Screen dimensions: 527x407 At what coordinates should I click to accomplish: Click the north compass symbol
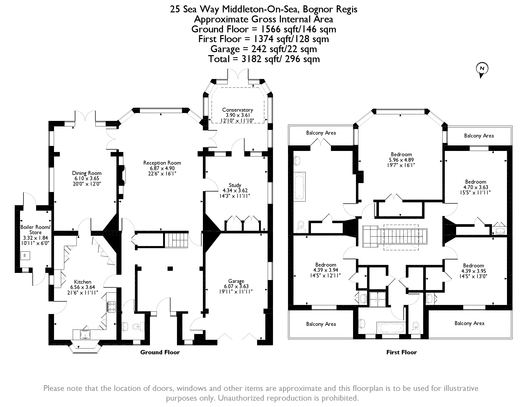pyautogui.click(x=482, y=70)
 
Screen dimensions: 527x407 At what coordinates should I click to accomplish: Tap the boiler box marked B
pyautogui.click(x=25, y=256)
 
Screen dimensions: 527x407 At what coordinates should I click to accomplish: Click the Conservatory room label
pyautogui.click(x=237, y=110)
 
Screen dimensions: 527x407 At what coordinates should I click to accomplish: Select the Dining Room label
pyautogui.click(x=87, y=173)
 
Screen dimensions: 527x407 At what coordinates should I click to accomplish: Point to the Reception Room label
pyautogui.click(x=162, y=163)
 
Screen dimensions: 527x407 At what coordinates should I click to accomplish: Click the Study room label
pyautogui.click(x=235, y=185)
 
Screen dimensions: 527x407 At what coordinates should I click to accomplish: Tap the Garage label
pyautogui.click(x=236, y=281)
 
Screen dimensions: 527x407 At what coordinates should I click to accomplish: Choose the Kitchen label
pyautogui.click(x=82, y=282)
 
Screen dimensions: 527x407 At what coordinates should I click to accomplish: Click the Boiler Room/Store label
pyautogui.click(x=35, y=230)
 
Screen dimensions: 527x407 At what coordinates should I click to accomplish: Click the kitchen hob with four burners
pyautogui.click(x=111, y=307)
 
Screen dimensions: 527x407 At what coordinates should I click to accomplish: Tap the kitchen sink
pyautogui.click(x=85, y=334)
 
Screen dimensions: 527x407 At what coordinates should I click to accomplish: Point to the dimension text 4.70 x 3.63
pyautogui.click(x=476, y=187)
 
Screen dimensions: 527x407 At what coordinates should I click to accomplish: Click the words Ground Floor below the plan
pyautogui.click(x=160, y=352)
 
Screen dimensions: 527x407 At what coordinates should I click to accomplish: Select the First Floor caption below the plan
pyautogui.click(x=402, y=352)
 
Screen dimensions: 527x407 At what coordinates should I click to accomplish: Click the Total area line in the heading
pyautogui.click(x=264, y=59)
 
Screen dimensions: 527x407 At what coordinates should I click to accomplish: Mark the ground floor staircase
pyautogui.click(x=176, y=240)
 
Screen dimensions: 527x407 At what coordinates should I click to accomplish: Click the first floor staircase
pyautogui.click(x=395, y=237)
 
